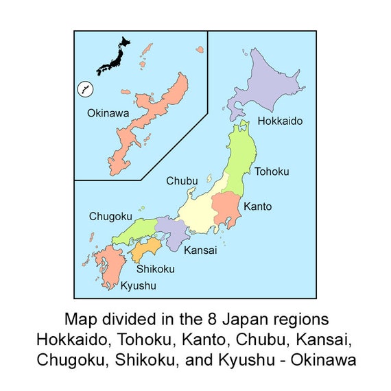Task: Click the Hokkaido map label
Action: (x=280, y=121)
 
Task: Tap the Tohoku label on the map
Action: (x=272, y=171)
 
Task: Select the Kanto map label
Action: (x=258, y=206)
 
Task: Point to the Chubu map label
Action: (x=182, y=181)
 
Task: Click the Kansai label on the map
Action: (x=200, y=250)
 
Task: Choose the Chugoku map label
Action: (x=110, y=217)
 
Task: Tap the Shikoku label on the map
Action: (x=155, y=270)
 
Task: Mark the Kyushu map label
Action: (x=139, y=285)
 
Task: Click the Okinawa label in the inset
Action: (x=108, y=113)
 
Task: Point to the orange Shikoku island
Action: (x=145, y=250)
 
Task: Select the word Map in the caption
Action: (x=80, y=320)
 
